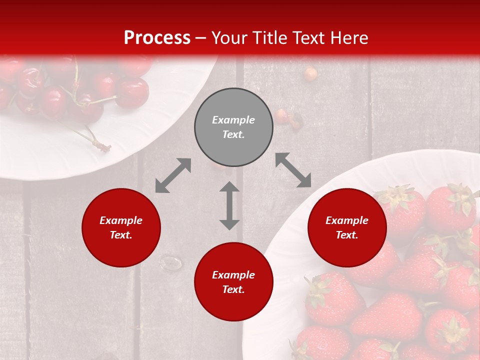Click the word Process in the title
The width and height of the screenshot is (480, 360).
(157, 38)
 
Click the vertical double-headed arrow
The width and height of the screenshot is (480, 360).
(229, 205)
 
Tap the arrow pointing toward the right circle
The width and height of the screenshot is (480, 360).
(293, 170)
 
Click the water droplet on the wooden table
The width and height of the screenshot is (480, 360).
(171, 262)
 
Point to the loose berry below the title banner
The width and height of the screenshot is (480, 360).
(310, 74)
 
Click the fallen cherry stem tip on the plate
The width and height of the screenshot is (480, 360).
(103, 146)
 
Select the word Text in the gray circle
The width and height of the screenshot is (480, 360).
(233, 134)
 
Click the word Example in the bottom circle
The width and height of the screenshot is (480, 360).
(233, 275)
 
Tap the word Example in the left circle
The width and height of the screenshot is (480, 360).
(121, 220)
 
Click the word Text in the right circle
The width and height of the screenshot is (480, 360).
(347, 235)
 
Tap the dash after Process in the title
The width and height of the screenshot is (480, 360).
(200, 38)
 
